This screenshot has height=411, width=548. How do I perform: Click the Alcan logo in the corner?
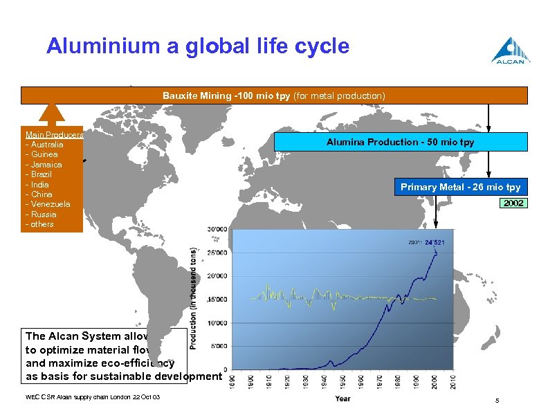click(x=511, y=50)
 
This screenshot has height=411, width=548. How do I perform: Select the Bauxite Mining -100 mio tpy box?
click(x=274, y=95)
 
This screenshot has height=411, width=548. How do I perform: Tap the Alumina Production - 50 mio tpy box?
click(x=401, y=142)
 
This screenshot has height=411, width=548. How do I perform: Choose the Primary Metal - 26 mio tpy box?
click(x=460, y=188)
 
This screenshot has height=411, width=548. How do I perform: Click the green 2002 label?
click(x=513, y=203)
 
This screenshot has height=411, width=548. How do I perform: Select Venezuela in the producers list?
click(x=49, y=204)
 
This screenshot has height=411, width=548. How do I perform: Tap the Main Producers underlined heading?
click(x=54, y=135)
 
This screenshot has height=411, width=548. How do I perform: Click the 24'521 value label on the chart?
click(x=435, y=242)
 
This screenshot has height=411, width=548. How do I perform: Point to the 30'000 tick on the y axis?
click(x=217, y=230)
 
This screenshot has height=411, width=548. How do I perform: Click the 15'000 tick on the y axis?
click(x=217, y=299)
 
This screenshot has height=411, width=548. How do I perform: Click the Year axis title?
click(x=342, y=399)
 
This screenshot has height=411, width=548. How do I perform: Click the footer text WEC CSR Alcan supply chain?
click(x=73, y=397)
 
